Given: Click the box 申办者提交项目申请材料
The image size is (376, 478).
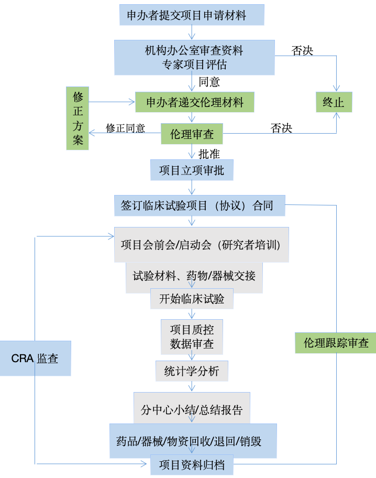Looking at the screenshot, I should (192, 15).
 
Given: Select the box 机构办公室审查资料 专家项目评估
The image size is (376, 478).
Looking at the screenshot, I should (194, 57).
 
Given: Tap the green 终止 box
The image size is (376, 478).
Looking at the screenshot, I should (334, 102).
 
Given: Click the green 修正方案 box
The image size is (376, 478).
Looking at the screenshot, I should (78, 118).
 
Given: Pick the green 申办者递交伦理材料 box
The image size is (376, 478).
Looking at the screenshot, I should (194, 102).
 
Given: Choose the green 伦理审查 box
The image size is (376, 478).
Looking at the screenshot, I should (192, 134).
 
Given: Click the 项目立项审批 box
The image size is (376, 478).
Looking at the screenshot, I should (192, 170).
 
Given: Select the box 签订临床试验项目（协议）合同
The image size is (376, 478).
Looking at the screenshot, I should (200, 205).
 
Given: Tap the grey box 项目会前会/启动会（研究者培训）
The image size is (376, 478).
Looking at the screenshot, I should (201, 245).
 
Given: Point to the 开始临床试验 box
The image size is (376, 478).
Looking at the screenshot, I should (192, 299).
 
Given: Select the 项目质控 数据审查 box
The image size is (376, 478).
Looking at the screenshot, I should (192, 336).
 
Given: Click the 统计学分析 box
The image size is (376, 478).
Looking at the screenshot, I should (192, 371).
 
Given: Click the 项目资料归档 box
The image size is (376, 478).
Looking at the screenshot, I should (192, 465).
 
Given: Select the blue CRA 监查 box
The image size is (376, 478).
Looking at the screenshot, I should (35, 358).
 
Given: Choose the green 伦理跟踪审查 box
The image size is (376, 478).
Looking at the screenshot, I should (336, 343).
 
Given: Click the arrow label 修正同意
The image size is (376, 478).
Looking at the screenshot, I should (125, 128).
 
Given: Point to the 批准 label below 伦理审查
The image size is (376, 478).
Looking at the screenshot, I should (209, 154).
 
